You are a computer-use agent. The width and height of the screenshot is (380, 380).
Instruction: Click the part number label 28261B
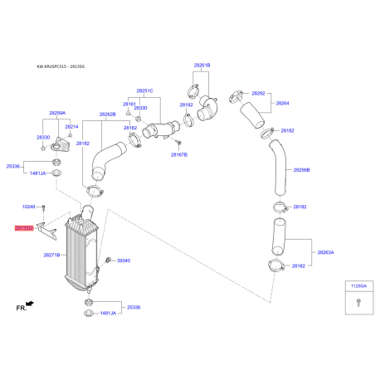click(202, 64)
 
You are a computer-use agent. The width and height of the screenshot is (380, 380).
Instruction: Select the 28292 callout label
click(258, 94)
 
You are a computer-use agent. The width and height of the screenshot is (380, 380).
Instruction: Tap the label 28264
click(282, 103)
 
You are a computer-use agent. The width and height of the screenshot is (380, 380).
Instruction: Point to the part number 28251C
click(145, 90)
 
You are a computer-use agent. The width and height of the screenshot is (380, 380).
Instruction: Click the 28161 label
click(129, 104)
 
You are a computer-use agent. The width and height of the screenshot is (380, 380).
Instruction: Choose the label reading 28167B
click(180, 154)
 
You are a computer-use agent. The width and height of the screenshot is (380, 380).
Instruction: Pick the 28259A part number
click(56, 112)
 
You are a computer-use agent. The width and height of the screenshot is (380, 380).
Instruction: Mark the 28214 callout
click(72, 127)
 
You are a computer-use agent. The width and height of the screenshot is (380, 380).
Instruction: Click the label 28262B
click(108, 114)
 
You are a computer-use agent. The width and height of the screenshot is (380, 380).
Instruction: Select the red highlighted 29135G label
click(23, 227)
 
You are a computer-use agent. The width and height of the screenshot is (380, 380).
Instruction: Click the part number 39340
click(123, 261)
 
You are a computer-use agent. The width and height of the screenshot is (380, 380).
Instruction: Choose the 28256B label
click(300, 169)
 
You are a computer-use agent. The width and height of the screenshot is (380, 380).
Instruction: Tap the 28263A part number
click(325, 251)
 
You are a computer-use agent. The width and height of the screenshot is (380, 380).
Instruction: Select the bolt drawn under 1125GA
click(357, 304)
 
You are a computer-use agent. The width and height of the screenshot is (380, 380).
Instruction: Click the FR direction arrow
click(30, 304)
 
